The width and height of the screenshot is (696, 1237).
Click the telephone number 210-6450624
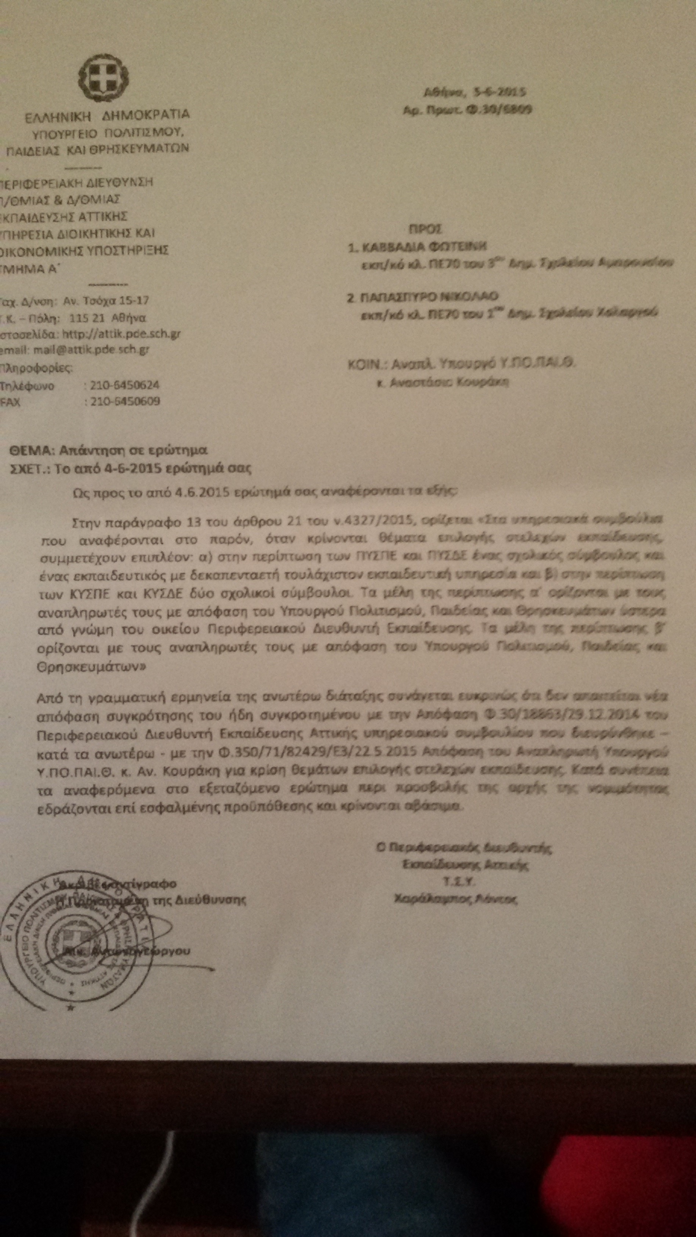(122, 385)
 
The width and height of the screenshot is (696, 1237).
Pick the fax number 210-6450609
(122, 401)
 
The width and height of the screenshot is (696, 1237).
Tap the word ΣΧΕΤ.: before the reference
(29, 468)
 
